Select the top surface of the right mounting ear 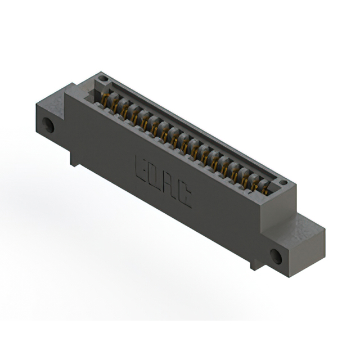pyautogui.click(x=307, y=222)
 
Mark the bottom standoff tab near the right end pyautogui.click(x=256, y=262)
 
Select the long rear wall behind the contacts pyautogui.click(x=197, y=129)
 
